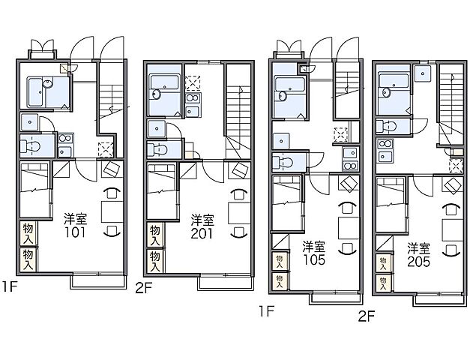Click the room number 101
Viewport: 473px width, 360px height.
tap(75, 232)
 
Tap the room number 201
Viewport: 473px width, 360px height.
tap(202, 233)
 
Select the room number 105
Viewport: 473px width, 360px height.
tap(314, 259)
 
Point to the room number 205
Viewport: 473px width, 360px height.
tap(418, 262)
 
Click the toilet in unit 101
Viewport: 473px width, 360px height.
tap(30, 147)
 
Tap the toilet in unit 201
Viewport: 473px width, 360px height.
tap(157, 150)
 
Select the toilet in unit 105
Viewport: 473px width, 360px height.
tap(283, 163)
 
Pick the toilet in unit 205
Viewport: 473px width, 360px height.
tap(386, 126)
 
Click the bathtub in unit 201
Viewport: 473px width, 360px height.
tap(164, 82)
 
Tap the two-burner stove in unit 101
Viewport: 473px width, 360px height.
tap(65, 138)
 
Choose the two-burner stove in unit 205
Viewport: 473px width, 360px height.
tap(385, 144)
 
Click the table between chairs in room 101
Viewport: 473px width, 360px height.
tap(112, 211)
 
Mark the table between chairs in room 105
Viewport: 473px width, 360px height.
tap(349, 228)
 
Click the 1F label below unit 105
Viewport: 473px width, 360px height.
tap(267, 311)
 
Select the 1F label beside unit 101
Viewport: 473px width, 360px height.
tap(9, 286)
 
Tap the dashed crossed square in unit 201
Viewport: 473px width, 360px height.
tap(193, 83)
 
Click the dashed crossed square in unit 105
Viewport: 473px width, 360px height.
tap(341, 134)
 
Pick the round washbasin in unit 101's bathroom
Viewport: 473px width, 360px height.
tap(48, 83)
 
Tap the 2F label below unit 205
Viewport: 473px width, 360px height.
tap(367, 316)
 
